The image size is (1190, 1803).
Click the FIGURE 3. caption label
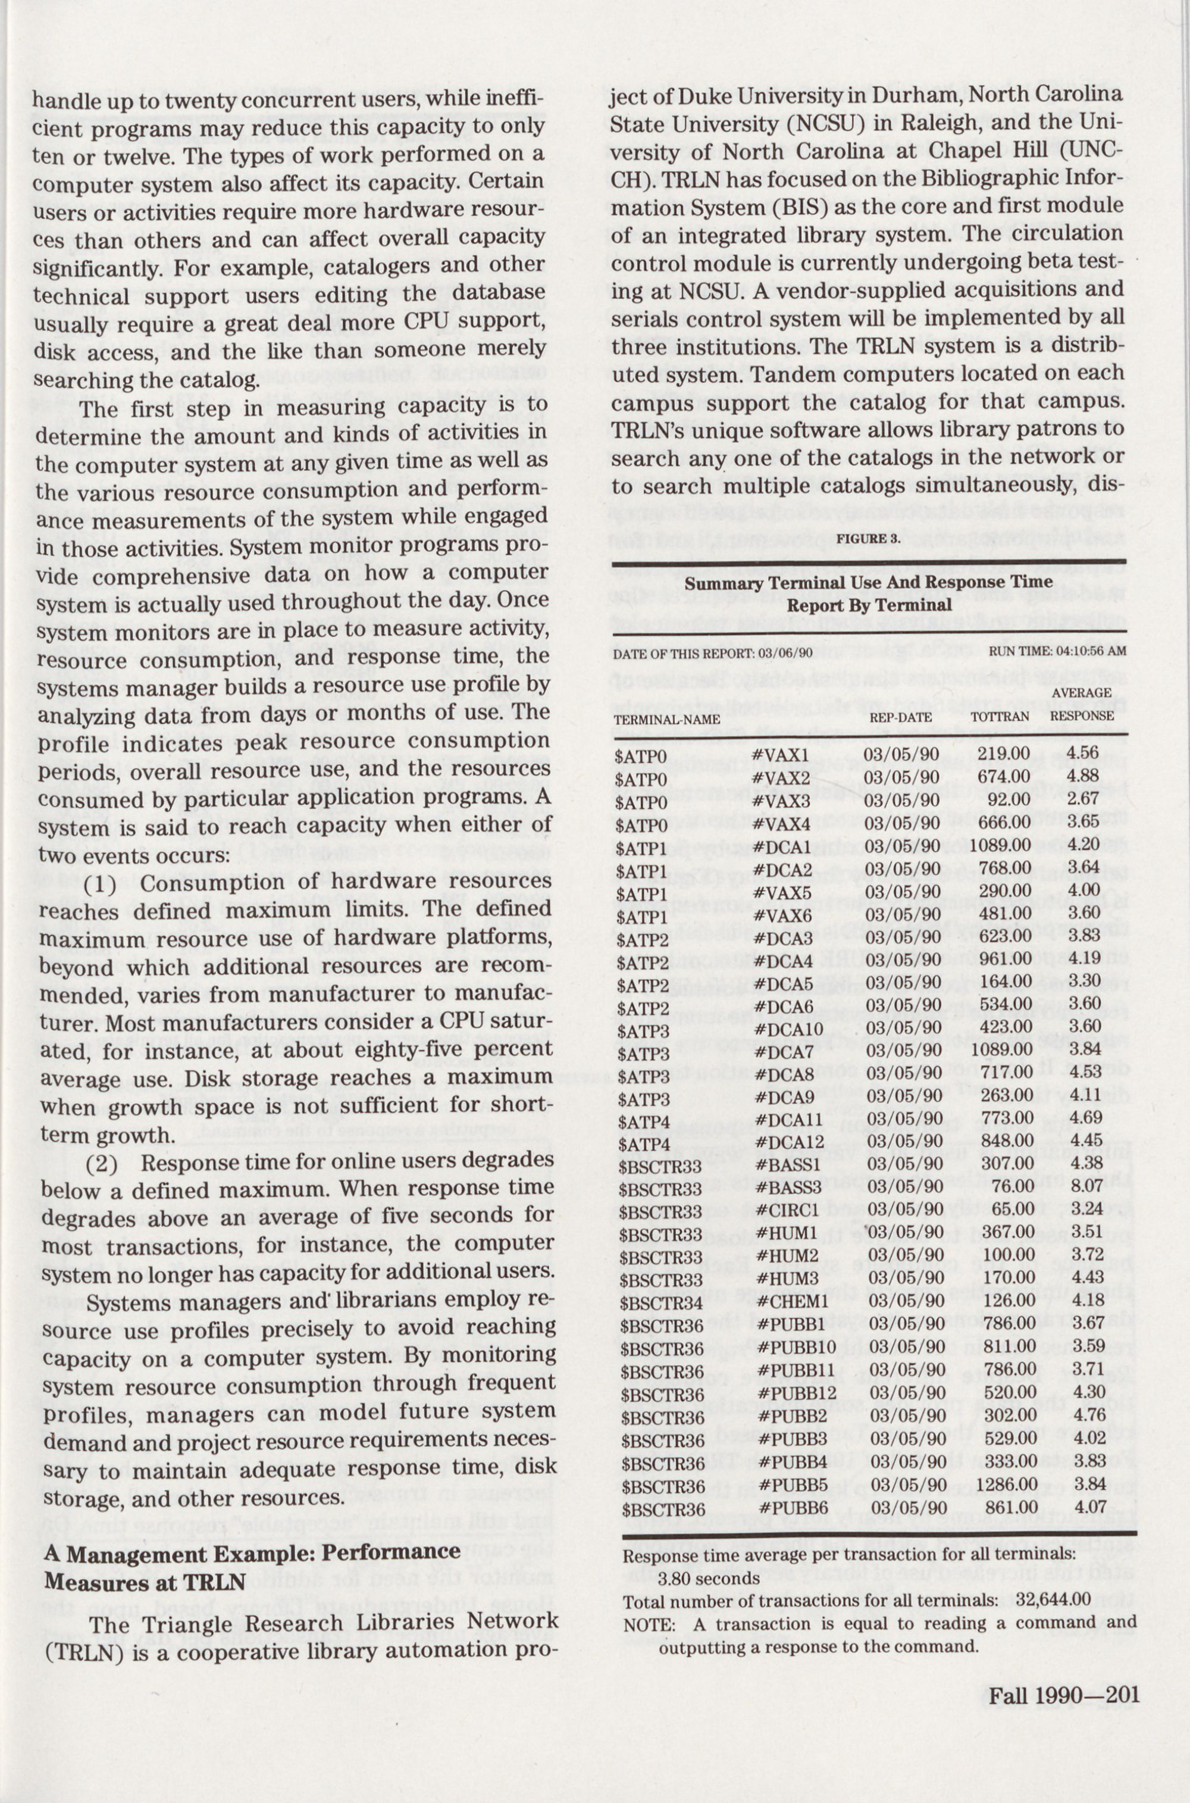pyautogui.click(x=868, y=539)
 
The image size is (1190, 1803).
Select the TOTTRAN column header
pyautogui.click(x=1000, y=716)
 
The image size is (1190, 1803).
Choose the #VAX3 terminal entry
pyautogui.click(x=782, y=802)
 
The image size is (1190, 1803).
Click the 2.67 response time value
pyautogui.click(x=1083, y=800)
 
